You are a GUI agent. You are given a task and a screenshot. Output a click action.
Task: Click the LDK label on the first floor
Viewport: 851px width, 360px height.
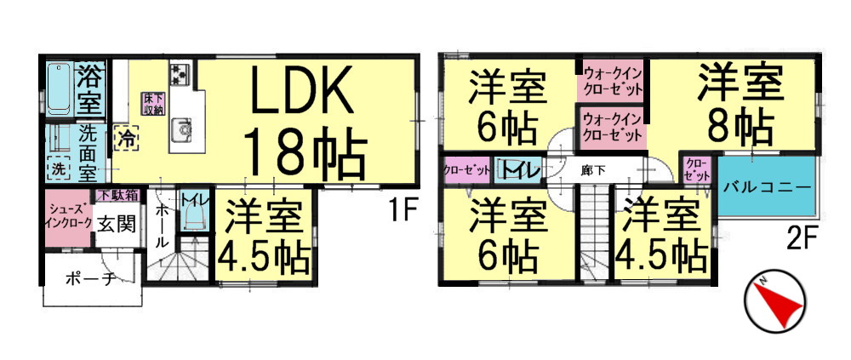point(300,90)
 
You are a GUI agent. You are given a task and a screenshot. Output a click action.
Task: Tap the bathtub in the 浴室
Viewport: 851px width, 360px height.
point(60,89)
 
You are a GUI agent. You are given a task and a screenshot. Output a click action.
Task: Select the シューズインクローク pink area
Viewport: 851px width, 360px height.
point(68,218)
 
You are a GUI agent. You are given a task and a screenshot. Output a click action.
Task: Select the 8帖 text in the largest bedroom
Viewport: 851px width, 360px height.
point(740,125)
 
